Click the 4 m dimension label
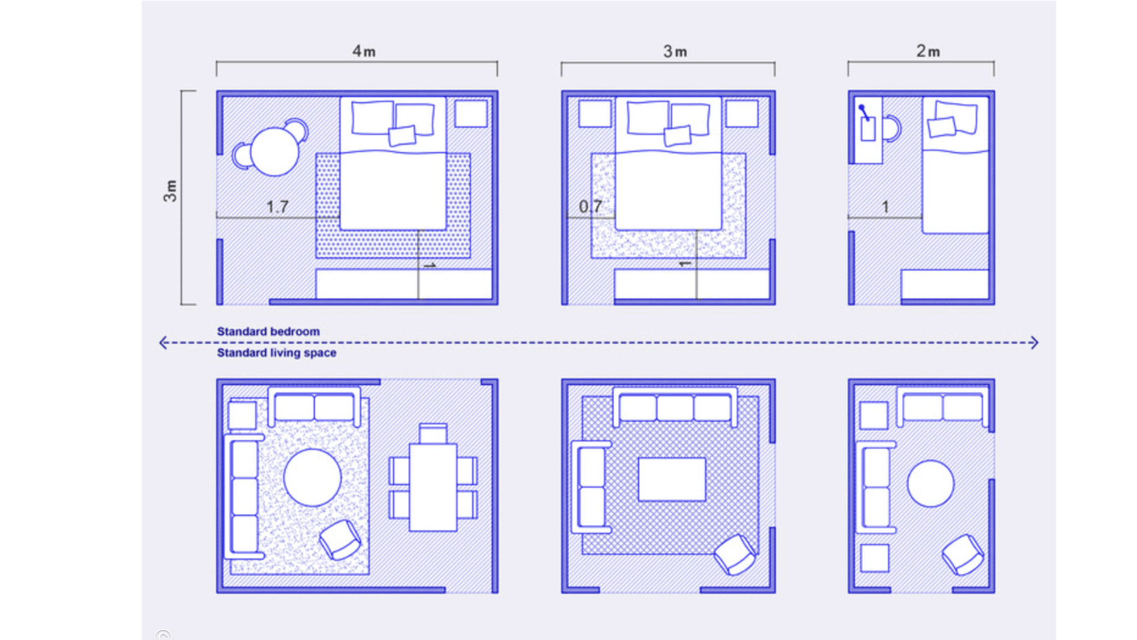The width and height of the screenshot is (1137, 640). (x=364, y=52)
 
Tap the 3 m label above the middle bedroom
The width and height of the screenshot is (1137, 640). (x=675, y=52)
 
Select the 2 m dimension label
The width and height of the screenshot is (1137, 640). (x=928, y=52)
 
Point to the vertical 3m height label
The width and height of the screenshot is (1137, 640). (x=171, y=191)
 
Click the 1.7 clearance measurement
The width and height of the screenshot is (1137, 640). (x=277, y=207)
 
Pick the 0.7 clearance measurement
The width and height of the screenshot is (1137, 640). (x=590, y=207)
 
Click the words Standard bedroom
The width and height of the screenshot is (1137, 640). (x=268, y=332)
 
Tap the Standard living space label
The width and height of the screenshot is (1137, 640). (x=277, y=353)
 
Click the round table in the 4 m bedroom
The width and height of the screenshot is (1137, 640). (x=274, y=152)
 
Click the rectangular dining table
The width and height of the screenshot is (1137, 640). (x=433, y=487)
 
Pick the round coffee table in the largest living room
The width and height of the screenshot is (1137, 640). (x=312, y=478)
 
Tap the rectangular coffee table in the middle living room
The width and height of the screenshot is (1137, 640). (x=672, y=479)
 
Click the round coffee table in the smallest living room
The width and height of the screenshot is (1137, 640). (x=930, y=484)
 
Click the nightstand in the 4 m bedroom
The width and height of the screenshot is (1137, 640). (x=471, y=113)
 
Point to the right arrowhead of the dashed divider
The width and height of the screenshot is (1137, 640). (x=1034, y=343)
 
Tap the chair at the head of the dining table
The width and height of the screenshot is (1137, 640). (x=433, y=433)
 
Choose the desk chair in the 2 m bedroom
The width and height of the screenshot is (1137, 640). (x=891, y=129)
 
